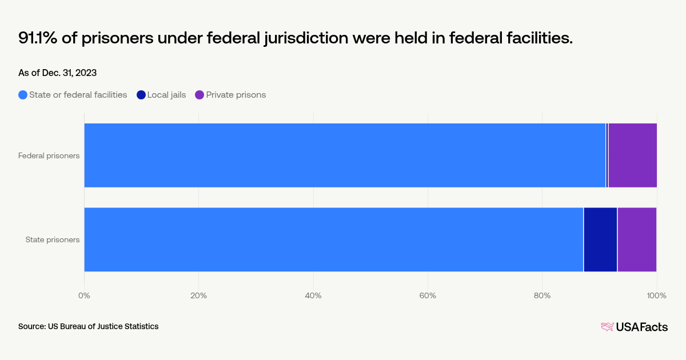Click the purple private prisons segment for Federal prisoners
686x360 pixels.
632,155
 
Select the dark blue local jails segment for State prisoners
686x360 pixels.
600,239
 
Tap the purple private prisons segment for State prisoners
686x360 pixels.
637,239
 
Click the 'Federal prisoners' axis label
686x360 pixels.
49,155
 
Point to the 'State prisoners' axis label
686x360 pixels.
53,239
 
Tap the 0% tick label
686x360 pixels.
84,295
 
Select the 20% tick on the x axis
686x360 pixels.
198,295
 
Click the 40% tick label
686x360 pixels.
313,295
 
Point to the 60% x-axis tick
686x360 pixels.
428,295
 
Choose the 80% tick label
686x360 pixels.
542,295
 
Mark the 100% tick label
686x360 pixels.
656,295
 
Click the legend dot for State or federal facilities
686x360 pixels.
23,95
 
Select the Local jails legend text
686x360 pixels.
166,95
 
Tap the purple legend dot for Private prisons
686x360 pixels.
200,95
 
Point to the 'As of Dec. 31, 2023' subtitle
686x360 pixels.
57,73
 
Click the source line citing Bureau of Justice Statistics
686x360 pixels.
88,326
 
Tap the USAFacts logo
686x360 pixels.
634,327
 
